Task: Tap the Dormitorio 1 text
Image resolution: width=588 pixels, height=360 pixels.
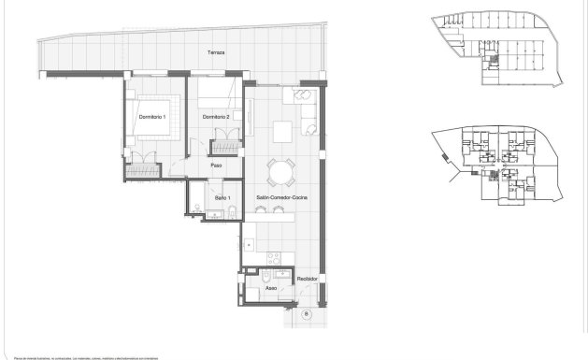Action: [x=151, y=117]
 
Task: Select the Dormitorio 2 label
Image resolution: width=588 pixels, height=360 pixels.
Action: [x=216, y=117]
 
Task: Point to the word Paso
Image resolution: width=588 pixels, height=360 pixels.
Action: [x=216, y=166]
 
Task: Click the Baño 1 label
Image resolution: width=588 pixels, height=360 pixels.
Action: [x=222, y=198]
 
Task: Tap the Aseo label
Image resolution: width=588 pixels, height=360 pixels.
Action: [x=271, y=289]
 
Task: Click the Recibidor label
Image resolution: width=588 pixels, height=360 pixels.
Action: [x=308, y=280]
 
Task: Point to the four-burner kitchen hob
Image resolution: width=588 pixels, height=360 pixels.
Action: [x=276, y=257]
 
